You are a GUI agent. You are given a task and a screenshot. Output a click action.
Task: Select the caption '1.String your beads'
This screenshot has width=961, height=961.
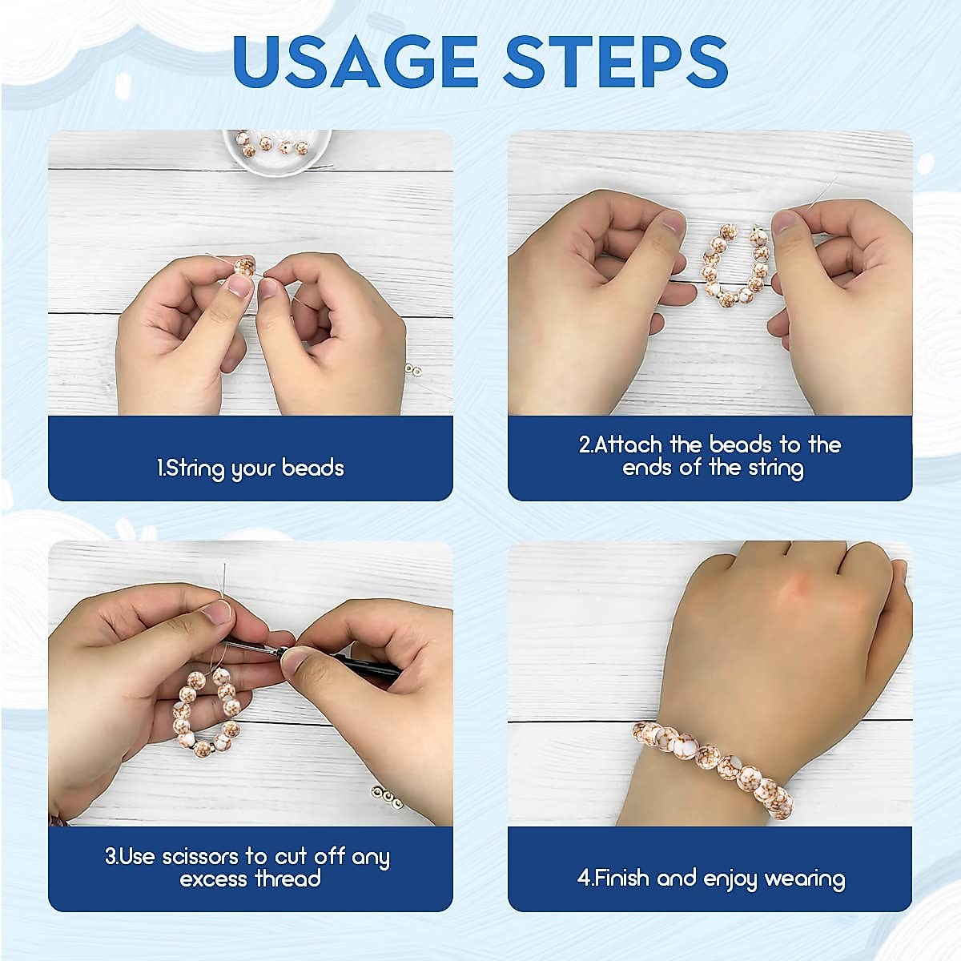(251, 468)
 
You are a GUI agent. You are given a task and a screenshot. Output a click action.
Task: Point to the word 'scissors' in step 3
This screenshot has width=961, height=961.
(200, 856)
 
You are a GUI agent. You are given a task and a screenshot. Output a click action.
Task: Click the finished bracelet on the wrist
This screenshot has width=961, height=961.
(713, 761)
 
